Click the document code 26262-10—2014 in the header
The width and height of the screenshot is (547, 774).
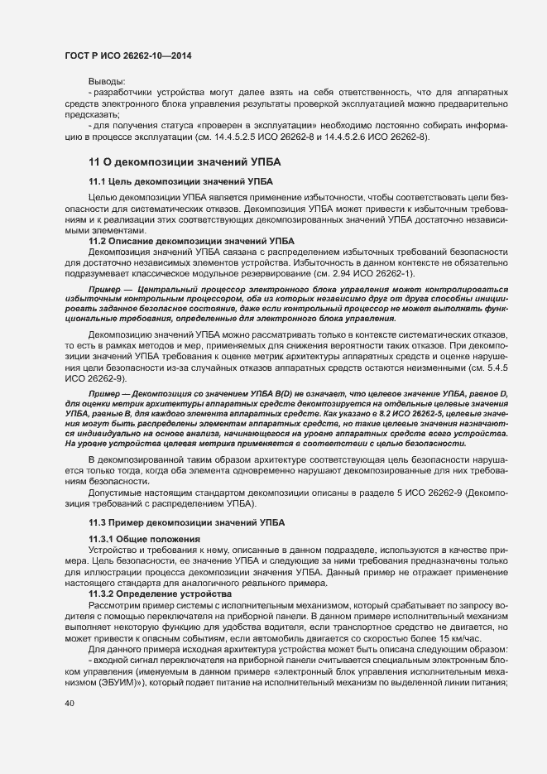pyautogui.click(x=164, y=55)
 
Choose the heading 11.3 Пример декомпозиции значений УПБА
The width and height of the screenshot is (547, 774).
pyautogui.click(x=185, y=522)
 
